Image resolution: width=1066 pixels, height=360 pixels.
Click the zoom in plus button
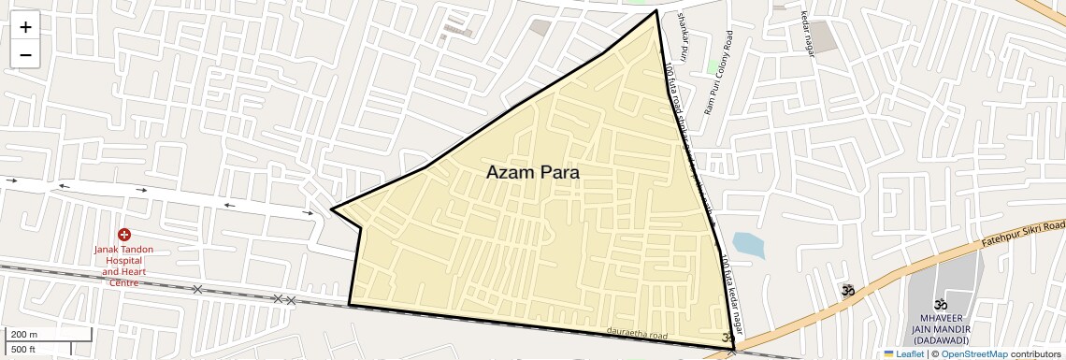pyautogui.click(x=25, y=28)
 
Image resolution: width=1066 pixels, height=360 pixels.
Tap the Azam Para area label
pyautogui.click(x=532, y=173)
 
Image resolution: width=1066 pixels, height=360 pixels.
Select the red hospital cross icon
pyautogui.click(x=124, y=235)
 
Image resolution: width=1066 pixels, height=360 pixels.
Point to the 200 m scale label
pyautogui.click(x=24, y=335)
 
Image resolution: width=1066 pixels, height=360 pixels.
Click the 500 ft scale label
pyautogui.click(x=23, y=349)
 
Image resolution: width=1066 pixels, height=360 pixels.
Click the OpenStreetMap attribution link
pyautogui.click(x=973, y=353)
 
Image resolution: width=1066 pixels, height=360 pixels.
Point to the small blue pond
pyautogui.click(x=748, y=246)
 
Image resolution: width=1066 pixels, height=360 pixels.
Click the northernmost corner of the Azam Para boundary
pyautogui.click(x=656, y=11)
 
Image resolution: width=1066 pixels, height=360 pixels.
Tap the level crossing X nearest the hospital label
pyautogui.click(x=196, y=290)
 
